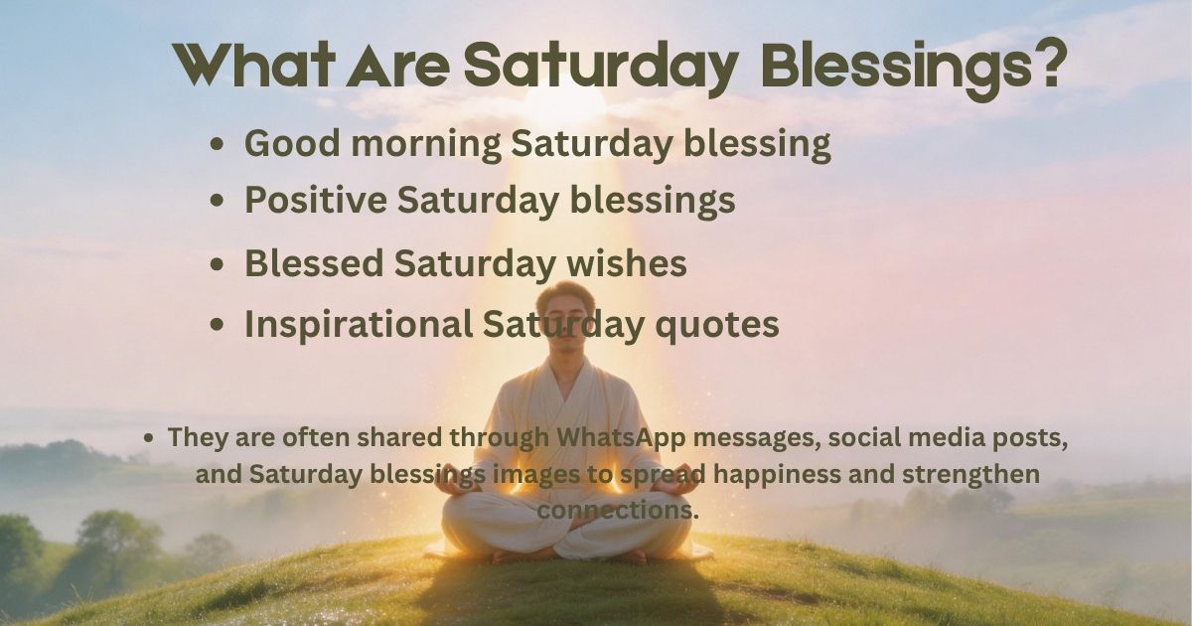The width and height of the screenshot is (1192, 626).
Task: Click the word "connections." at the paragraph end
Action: [619, 510]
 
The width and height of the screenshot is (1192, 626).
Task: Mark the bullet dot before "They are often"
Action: [149, 438]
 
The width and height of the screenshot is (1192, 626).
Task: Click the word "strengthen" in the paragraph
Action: [978, 475]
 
